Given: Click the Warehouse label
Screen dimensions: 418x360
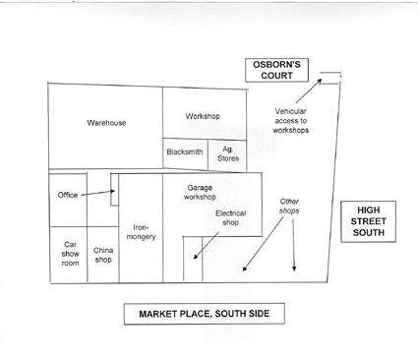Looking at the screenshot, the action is click(106, 123).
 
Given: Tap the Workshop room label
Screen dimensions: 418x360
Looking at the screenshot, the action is click(203, 116).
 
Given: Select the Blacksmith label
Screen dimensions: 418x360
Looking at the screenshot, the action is click(185, 151).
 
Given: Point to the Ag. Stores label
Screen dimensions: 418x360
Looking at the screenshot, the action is click(228, 153).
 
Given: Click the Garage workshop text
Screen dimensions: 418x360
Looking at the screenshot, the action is click(200, 193).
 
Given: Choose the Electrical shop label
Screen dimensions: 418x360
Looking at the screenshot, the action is click(230, 218).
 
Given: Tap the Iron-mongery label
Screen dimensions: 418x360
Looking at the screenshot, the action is click(141, 232).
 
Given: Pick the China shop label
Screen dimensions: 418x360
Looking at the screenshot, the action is click(103, 255).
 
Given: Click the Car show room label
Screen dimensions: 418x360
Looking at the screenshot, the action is click(70, 254).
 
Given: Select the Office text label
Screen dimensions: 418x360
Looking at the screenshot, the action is click(68, 195).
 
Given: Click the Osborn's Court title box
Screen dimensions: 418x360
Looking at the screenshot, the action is click(276, 70).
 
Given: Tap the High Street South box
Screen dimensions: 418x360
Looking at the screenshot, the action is click(369, 221).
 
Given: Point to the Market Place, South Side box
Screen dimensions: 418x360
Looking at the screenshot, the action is click(204, 314).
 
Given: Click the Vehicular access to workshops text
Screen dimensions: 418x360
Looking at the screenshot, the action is click(291, 121).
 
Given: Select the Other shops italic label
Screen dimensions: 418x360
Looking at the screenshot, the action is click(289, 206).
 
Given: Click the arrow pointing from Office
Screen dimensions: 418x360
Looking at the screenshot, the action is click(97, 193).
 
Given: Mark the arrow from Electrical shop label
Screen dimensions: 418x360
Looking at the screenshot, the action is click(207, 246).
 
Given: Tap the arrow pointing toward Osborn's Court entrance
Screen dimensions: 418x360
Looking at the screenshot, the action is click(309, 90).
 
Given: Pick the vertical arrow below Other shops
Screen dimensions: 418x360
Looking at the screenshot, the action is click(293, 245).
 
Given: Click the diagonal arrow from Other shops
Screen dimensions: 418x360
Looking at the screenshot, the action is click(263, 244).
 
